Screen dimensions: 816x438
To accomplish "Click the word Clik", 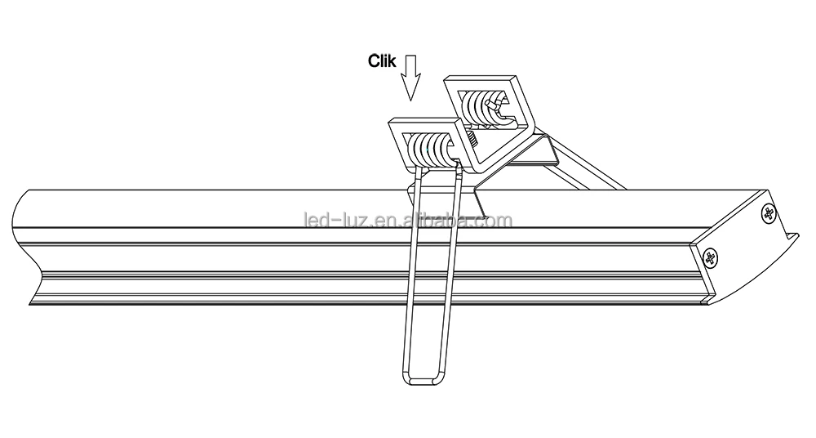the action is tap(382, 60).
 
